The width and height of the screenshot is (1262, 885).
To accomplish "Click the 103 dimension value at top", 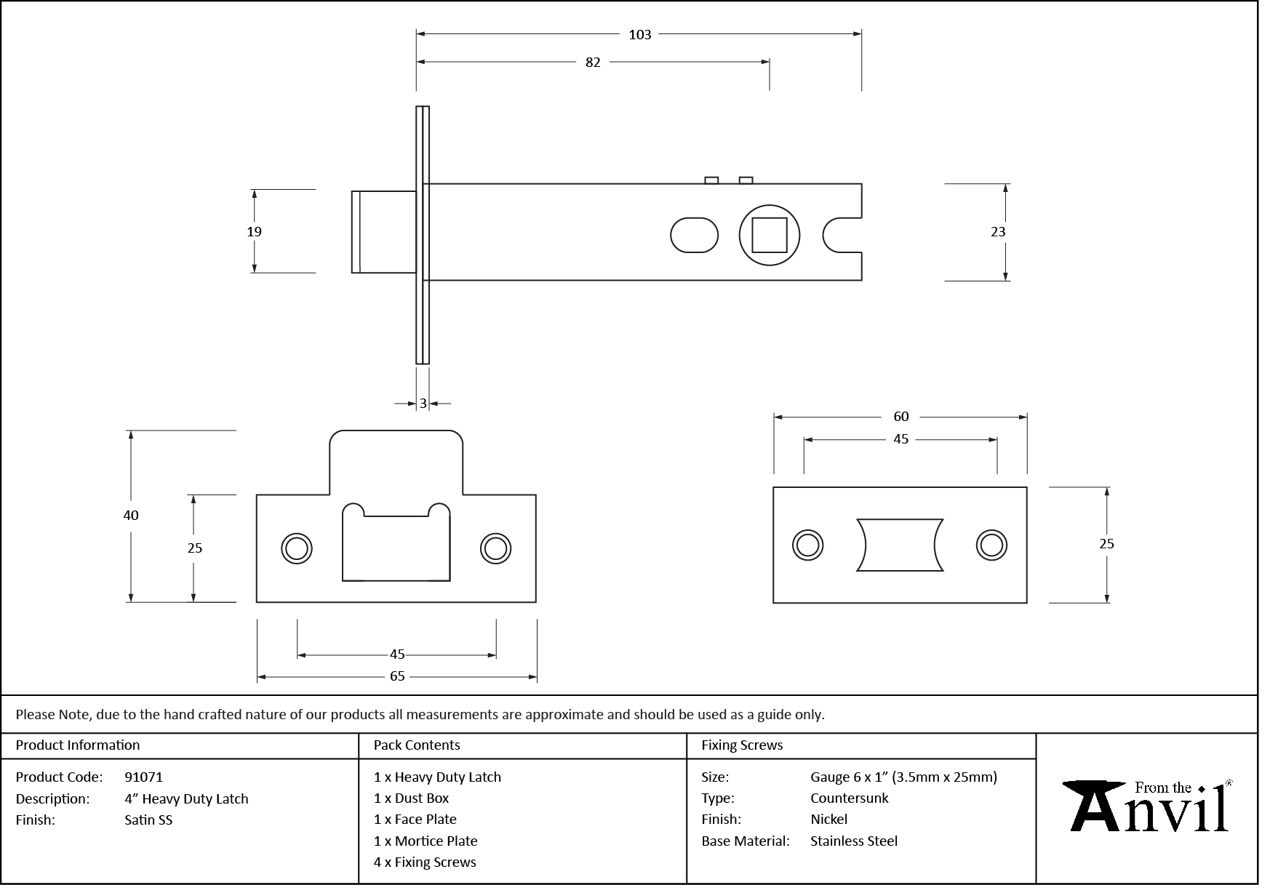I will (x=639, y=34).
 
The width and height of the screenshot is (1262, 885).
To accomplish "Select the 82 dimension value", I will (x=593, y=63).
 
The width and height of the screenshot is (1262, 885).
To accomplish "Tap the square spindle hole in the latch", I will (x=769, y=235).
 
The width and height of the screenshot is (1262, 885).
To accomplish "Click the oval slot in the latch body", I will (x=693, y=235).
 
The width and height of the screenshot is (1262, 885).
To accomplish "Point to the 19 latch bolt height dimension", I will (x=254, y=232).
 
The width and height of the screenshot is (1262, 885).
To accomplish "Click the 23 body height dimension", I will (x=998, y=232).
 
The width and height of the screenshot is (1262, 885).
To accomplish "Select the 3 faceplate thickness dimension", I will (x=423, y=404).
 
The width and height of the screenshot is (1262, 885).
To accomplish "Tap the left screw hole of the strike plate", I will (x=297, y=548).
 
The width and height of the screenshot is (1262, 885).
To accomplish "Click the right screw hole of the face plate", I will (x=991, y=545).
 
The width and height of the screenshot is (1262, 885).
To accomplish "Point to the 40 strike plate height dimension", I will (x=131, y=516).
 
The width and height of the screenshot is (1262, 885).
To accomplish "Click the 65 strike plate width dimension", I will (x=397, y=676).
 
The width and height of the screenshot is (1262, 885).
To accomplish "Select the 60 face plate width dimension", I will (x=900, y=417).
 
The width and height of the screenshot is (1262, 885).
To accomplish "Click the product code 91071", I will (x=143, y=777).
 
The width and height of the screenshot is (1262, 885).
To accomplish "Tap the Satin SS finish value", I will (x=148, y=820).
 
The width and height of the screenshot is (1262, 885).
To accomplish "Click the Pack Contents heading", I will (x=417, y=745).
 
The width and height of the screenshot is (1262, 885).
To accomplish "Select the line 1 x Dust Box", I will (x=411, y=798).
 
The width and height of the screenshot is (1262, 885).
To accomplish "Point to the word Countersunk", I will (x=849, y=798).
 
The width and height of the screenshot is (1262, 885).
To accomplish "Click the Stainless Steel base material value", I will (x=853, y=841).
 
